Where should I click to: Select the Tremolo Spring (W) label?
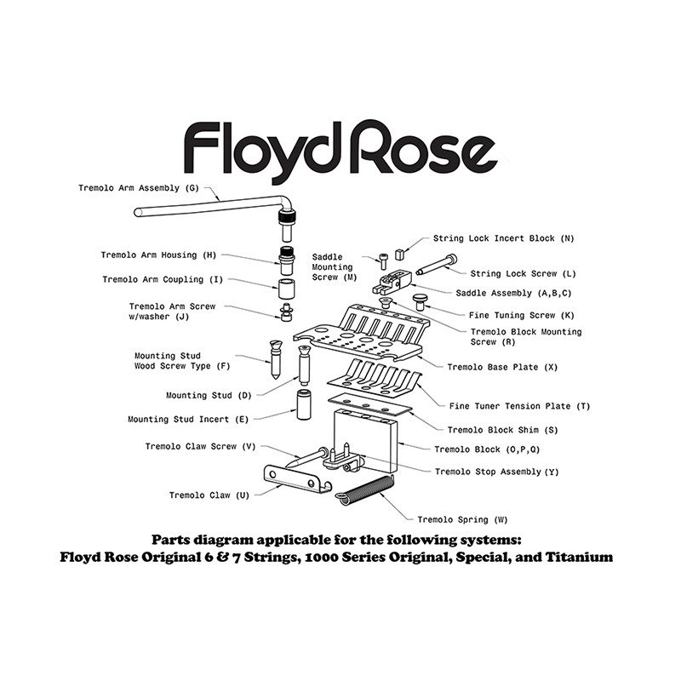463,519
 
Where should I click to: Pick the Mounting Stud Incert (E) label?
188,420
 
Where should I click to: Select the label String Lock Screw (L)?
524,274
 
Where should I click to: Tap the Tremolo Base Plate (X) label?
502,368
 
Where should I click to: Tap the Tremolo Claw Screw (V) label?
201,446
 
